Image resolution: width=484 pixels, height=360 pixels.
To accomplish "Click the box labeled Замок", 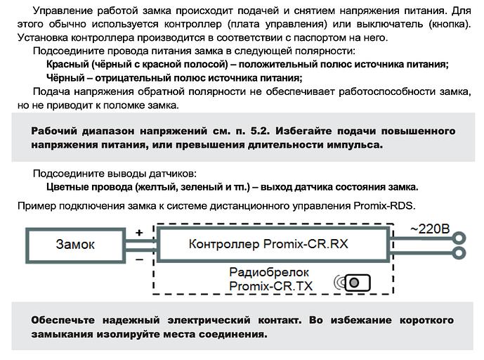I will [75, 244].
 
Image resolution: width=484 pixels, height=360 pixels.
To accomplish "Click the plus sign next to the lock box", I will [139, 232].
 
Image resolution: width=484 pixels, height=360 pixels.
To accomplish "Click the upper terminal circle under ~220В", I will [460, 237].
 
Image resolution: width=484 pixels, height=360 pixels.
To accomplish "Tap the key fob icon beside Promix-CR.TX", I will [355, 283].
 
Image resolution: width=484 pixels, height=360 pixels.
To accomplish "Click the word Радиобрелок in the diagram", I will [263, 272].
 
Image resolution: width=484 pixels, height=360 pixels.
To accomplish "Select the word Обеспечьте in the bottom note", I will [64, 320].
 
